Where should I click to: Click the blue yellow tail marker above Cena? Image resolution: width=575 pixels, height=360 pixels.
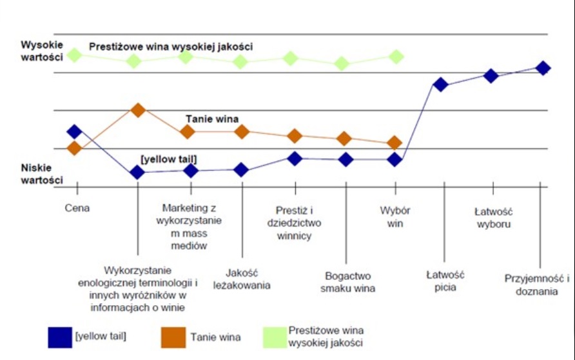(x=74, y=132)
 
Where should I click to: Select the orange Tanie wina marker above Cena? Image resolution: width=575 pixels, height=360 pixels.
(x=74, y=148)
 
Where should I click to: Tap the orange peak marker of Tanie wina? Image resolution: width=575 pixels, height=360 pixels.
(x=138, y=110)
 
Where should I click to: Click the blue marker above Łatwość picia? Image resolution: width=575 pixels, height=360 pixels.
(x=441, y=84)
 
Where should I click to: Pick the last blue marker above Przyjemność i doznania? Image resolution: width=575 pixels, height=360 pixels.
(x=543, y=68)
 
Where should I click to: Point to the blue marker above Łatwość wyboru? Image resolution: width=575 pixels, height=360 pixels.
(x=491, y=75)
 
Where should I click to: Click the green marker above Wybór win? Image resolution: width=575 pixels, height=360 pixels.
(x=396, y=56)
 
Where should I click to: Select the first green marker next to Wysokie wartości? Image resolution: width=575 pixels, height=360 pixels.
(x=75, y=55)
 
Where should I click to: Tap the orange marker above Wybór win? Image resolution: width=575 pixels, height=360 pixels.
(x=395, y=143)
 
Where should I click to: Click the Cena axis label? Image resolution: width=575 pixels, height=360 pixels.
(x=77, y=208)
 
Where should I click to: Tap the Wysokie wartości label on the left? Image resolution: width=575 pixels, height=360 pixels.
(x=42, y=51)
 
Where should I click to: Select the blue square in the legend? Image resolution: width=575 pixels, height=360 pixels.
(x=59, y=336)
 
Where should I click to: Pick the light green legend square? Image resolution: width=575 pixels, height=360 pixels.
(x=274, y=336)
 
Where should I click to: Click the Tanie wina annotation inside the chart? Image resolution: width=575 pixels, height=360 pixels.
(x=213, y=119)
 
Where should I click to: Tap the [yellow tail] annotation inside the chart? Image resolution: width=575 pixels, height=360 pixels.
(x=168, y=159)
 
